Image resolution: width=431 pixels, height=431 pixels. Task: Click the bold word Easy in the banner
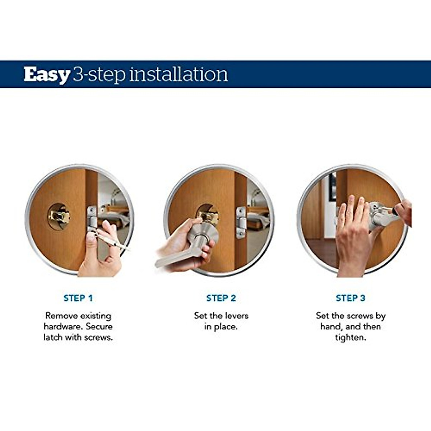pos(47,74)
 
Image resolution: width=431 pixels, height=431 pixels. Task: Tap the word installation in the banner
pos(179,74)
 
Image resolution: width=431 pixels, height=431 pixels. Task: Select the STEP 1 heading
pos(78,298)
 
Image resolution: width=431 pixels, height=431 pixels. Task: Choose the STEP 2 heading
pos(221,298)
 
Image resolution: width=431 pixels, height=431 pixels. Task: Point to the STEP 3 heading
pos(350,298)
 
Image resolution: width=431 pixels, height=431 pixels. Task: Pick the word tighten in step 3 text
pos(350,338)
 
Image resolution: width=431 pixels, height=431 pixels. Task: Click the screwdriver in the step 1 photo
pos(111,241)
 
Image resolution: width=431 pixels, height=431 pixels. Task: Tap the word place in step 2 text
pos(226,327)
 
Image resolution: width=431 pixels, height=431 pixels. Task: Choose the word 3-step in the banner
pos(99,74)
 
